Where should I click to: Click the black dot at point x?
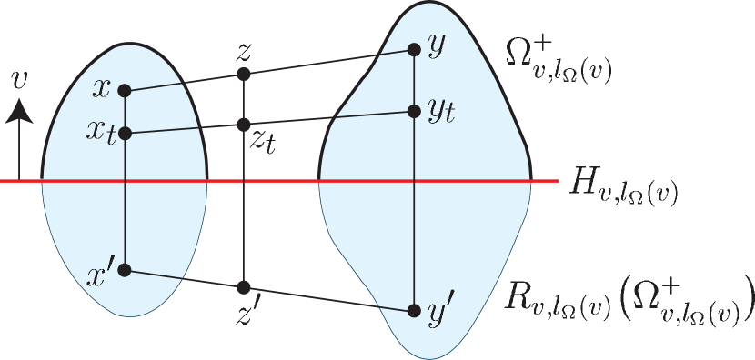coord(125,90)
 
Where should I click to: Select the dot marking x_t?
coord(125,134)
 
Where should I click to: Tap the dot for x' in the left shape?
coord(125,270)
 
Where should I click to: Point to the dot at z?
coord(243,74)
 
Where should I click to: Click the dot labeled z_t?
coord(243,123)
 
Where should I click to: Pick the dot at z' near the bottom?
coord(243,287)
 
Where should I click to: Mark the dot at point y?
coord(413,50)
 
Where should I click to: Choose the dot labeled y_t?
coord(413,111)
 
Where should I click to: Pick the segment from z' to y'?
coord(327,299)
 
